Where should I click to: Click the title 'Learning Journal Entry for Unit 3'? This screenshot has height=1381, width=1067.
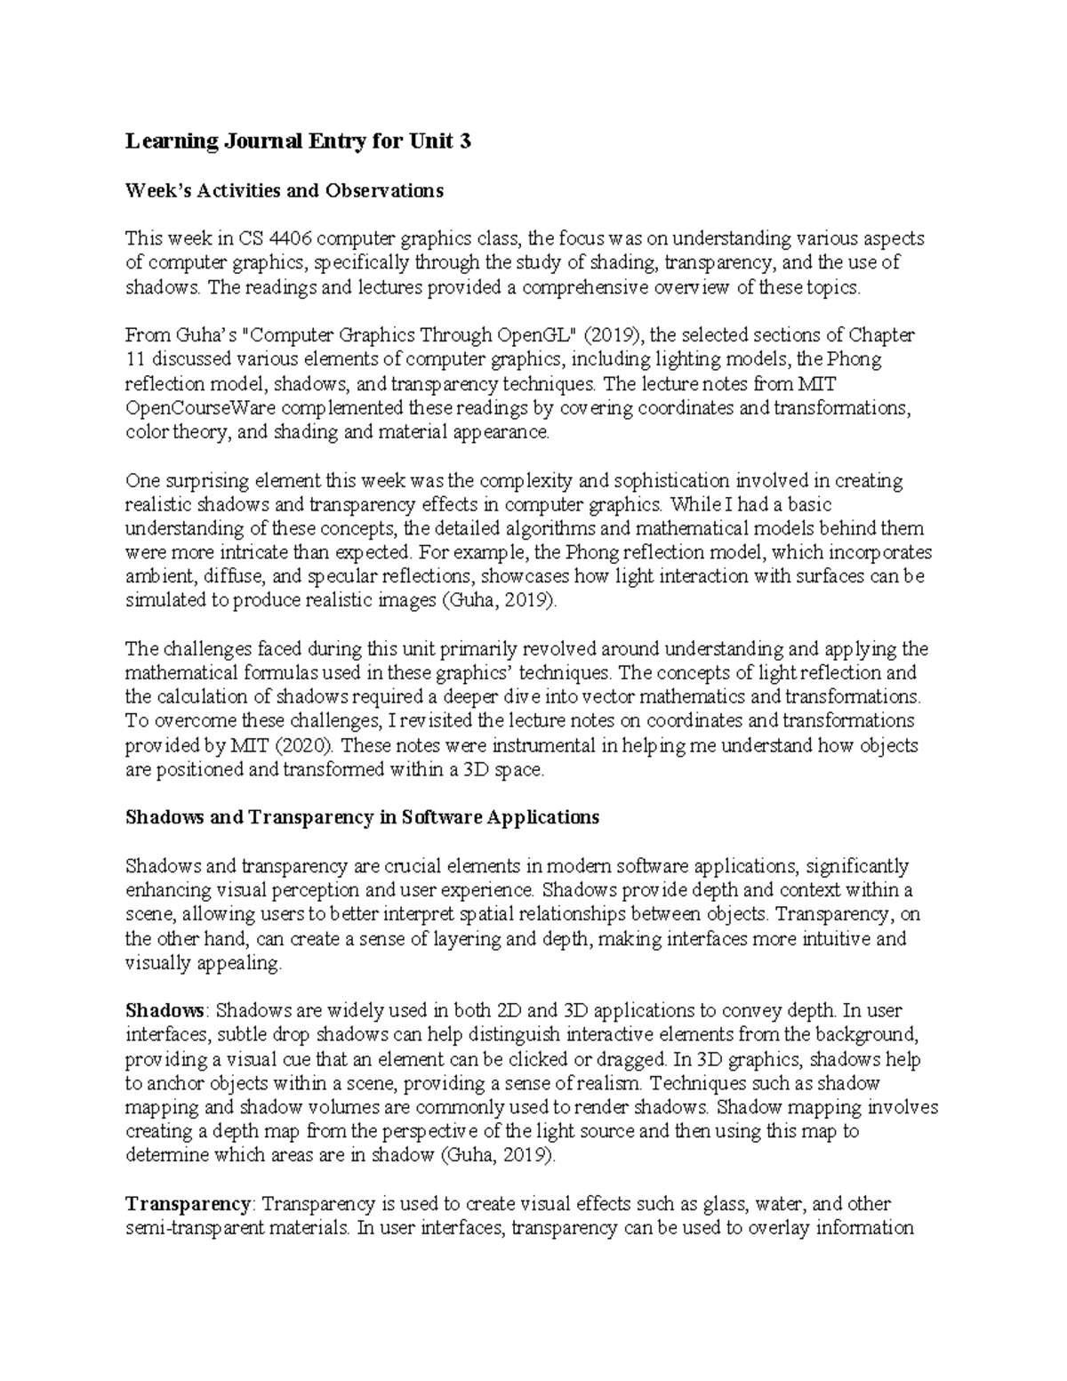[x=298, y=141]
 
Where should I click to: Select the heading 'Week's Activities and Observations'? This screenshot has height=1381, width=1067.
[x=284, y=190]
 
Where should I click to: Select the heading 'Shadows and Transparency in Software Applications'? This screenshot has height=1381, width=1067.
[x=363, y=817]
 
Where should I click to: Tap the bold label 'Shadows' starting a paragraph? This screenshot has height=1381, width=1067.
[x=165, y=1011]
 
